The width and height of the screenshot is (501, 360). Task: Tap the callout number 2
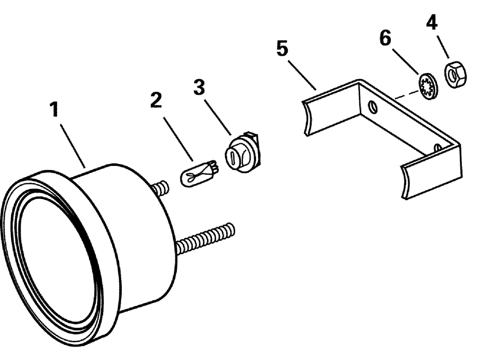click(x=156, y=100)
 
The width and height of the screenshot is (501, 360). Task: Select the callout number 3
click(x=199, y=87)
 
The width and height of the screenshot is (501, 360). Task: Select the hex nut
click(x=453, y=76)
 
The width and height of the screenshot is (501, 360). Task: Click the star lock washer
click(x=428, y=87)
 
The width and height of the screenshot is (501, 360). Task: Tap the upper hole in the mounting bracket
click(x=372, y=106)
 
